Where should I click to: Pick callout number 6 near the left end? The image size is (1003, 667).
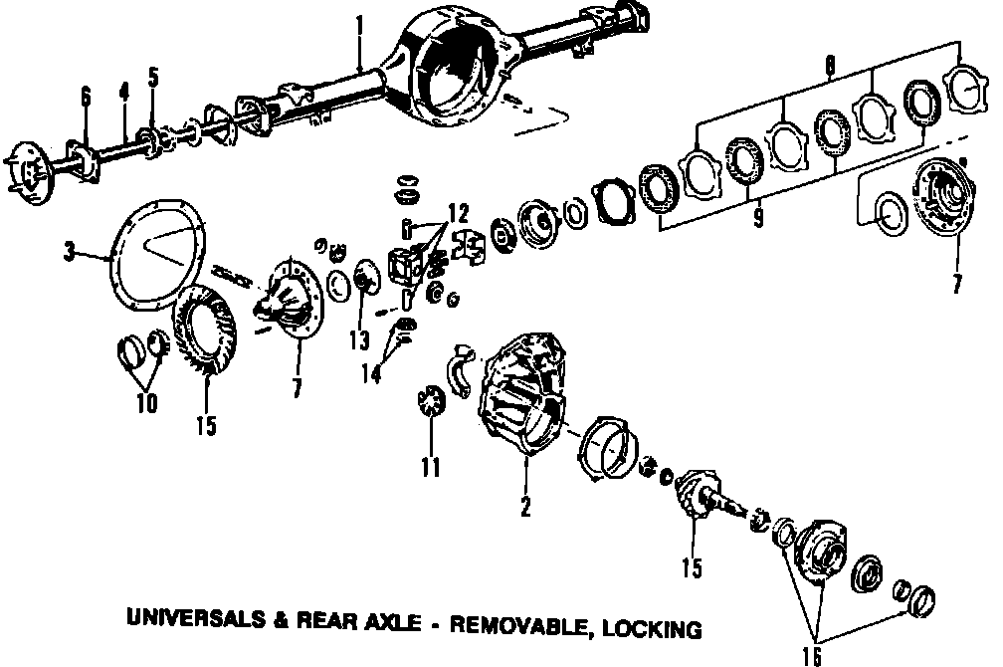(x=87, y=97)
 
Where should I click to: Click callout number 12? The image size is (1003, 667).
(x=457, y=211)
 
